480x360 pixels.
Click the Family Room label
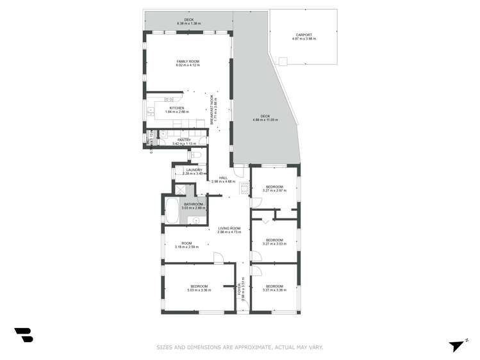tap(188, 61)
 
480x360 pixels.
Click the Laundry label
tap(193, 170)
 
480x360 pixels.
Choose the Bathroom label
tap(192, 204)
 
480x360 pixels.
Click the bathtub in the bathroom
tap(172, 211)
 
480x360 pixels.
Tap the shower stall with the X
tap(183, 190)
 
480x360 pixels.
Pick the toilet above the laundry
tap(198, 154)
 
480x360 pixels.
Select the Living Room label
tap(229, 229)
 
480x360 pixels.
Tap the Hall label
tap(224, 178)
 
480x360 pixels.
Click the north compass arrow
tap(456, 345)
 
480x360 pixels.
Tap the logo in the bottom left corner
tap(23, 334)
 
